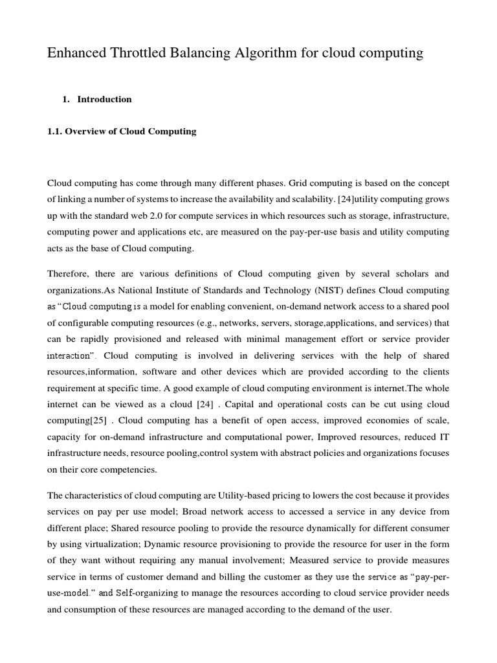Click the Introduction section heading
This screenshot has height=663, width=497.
pyautogui.click(x=104, y=99)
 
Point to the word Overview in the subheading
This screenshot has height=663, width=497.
pyautogui.click(x=88, y=131)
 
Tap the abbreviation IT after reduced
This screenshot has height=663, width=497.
pyautogui.click(x=444, y=438)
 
